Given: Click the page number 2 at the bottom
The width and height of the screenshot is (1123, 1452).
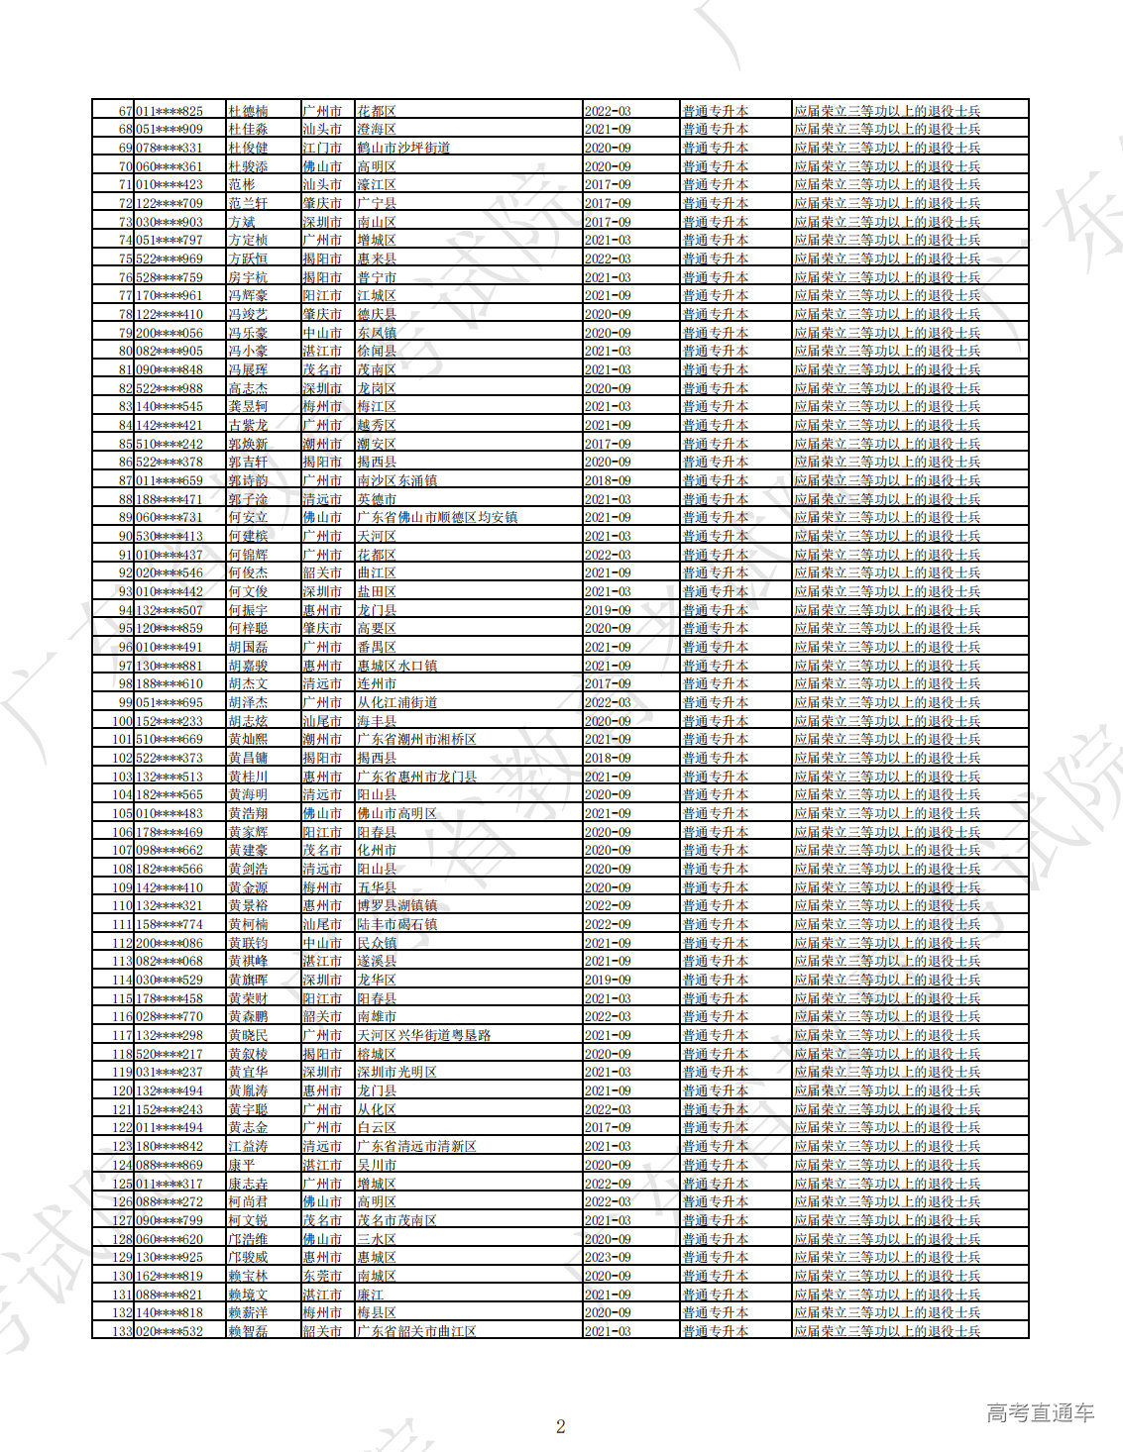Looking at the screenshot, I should (560, 1426).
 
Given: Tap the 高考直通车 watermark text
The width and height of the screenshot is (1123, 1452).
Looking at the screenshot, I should (1040, 1413).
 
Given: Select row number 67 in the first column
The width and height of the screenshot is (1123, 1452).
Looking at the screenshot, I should (125, 111).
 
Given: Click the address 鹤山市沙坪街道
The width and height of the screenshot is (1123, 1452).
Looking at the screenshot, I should (403, 148).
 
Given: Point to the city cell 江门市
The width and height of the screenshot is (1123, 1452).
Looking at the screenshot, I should (322, 148).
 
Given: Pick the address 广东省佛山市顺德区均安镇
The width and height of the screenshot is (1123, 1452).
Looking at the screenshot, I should (437, 517).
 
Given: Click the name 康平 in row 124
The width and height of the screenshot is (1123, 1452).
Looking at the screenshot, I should (242, 1165).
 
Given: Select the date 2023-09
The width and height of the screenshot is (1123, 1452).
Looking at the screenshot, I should (608, 1257).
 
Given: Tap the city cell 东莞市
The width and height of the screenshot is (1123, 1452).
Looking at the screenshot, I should (322, 1276).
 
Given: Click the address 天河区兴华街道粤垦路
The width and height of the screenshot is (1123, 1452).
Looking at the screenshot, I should (423, 1035).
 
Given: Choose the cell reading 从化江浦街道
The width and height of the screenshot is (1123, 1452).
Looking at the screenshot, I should (396, 702).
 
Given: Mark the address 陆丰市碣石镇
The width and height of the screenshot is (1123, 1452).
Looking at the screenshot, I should (396, 924).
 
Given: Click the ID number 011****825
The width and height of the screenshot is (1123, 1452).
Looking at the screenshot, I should (169, 111).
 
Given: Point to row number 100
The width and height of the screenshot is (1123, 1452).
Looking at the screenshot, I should (122, 721).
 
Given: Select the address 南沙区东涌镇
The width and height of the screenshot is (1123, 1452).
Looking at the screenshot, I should (396, 480).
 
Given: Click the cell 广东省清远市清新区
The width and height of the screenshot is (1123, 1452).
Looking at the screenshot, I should (416, 1146).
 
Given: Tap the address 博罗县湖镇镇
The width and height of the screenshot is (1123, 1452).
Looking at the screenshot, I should (396, 905).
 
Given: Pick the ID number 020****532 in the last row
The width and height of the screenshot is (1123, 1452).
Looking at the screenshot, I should (169, 1331).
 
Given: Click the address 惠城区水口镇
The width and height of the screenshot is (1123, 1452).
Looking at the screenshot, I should (396, 666).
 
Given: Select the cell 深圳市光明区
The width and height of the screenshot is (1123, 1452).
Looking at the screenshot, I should (396, 1072).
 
